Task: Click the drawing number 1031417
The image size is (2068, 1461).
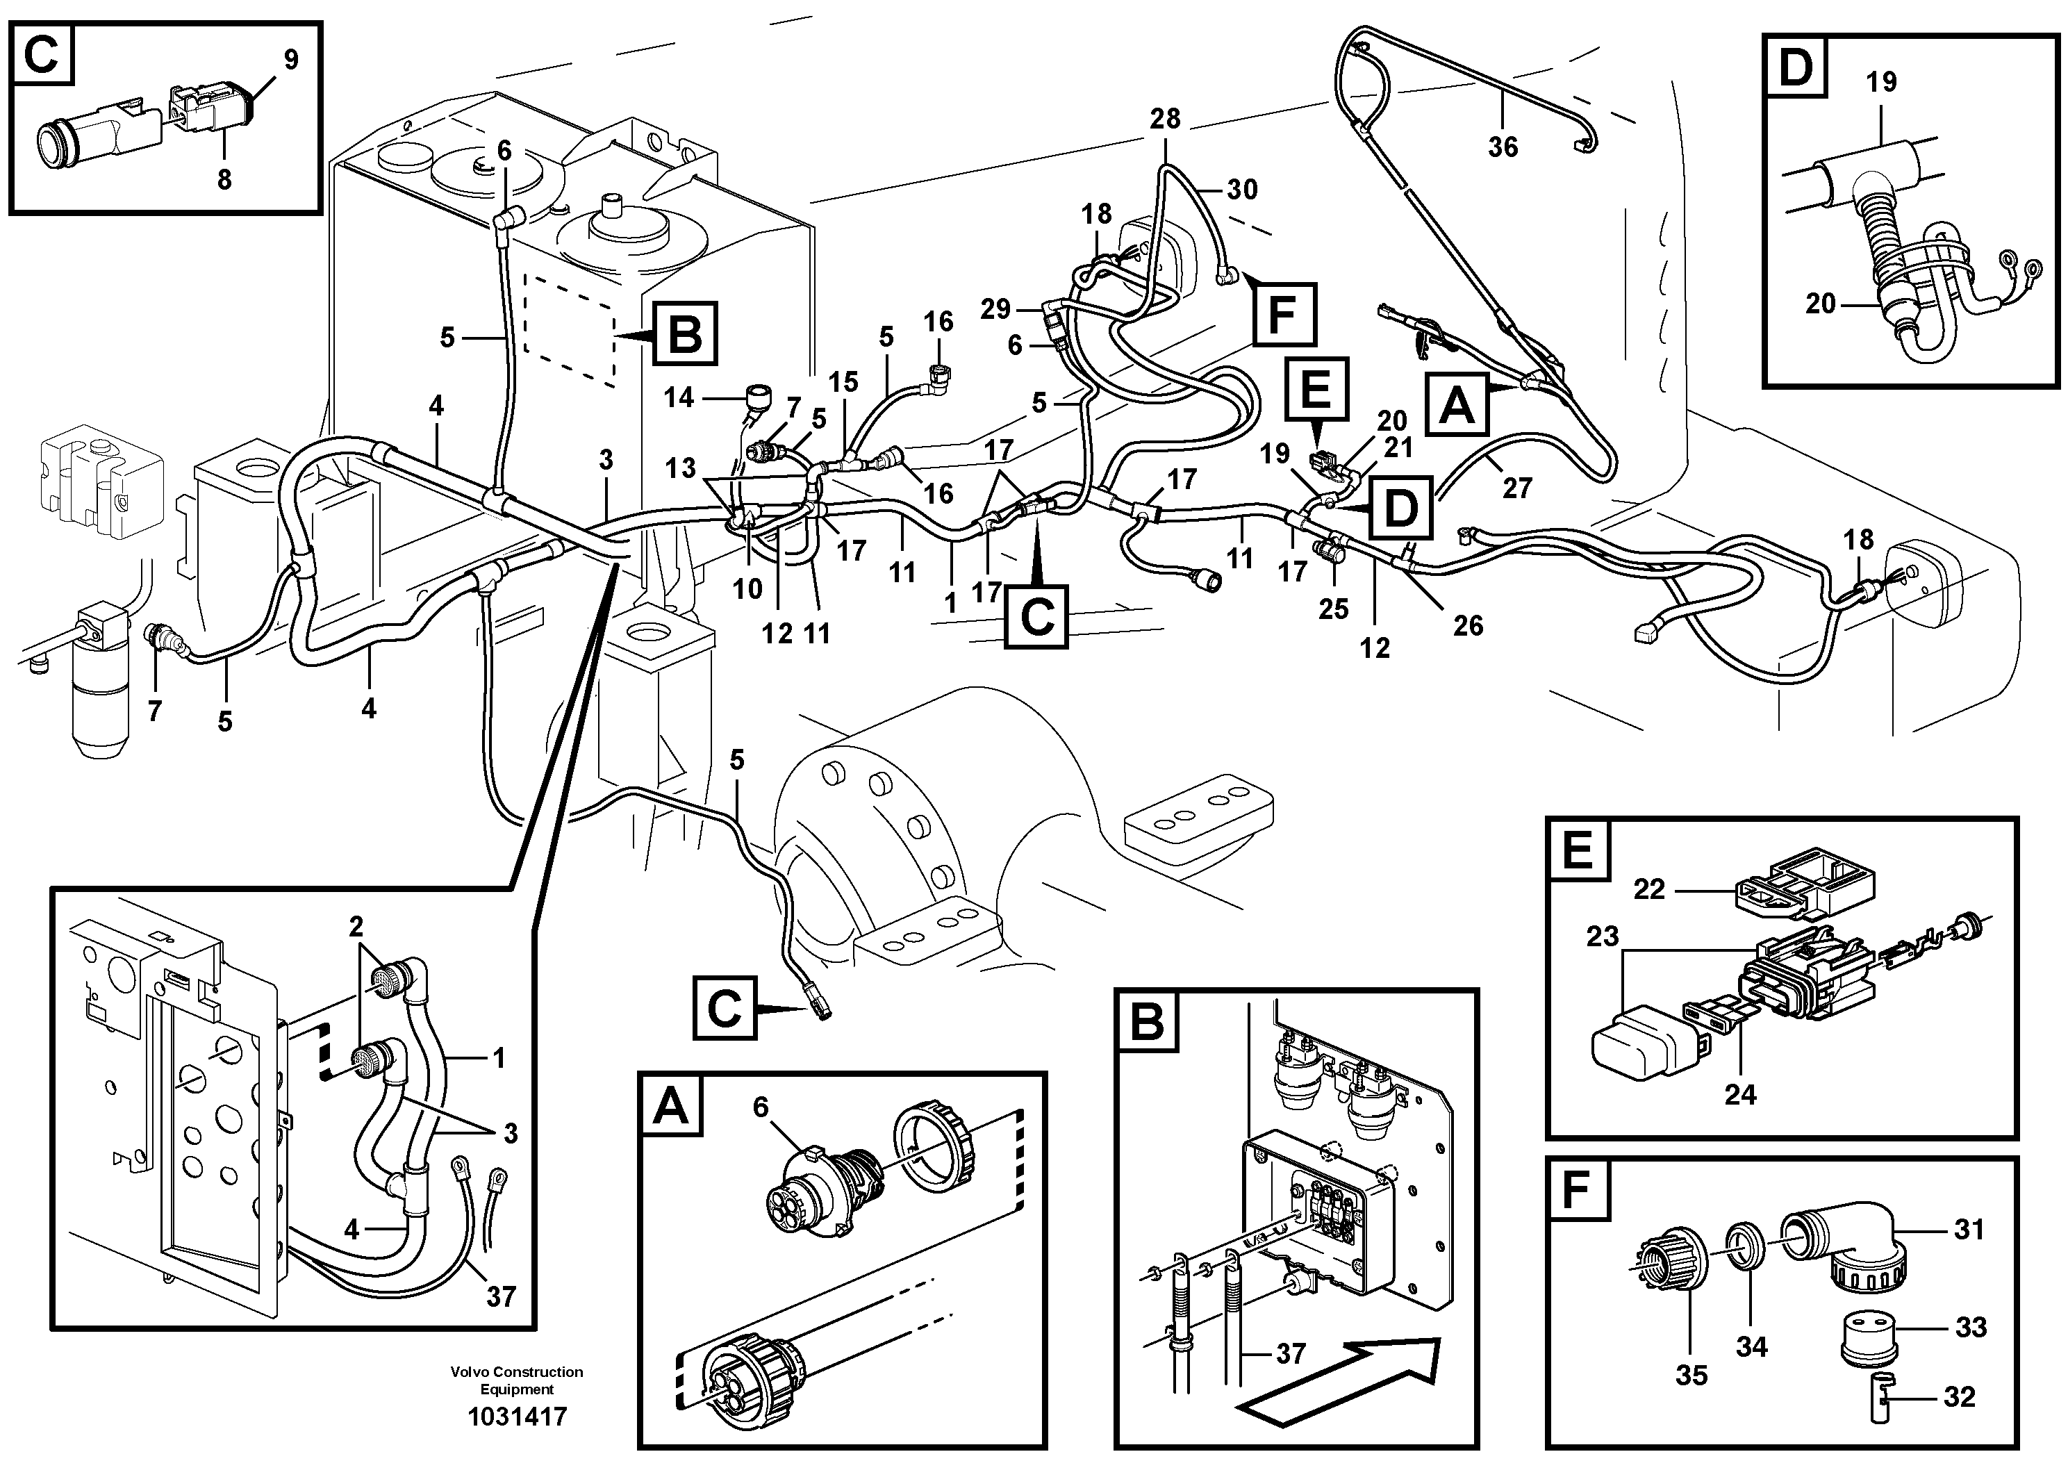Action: coord(517,1417)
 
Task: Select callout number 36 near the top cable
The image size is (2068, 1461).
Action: coord(1503,147)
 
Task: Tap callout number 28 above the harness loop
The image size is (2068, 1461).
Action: coord(1165,119)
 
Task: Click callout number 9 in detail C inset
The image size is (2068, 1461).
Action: coord(290,60)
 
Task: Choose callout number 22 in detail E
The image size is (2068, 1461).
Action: coord(1649,890)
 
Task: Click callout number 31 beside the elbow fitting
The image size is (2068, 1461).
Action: coord(1969,1228)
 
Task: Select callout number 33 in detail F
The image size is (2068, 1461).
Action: coord(1971,1327)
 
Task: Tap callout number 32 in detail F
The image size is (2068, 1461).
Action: coord(1959,1397)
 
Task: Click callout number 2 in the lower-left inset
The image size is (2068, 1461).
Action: coord(356,926)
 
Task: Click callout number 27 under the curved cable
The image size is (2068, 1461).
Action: coord(1516,488)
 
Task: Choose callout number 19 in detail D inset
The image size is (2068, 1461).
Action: coord(1880,82)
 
